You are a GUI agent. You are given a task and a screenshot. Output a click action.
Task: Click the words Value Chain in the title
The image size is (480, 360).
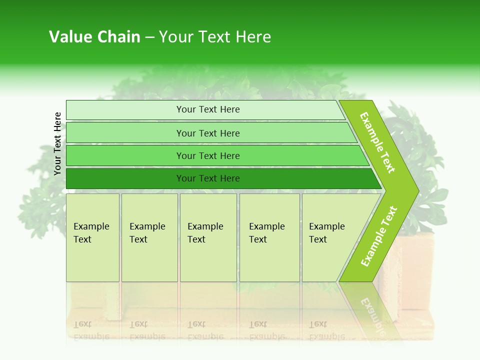(x=94, y=37)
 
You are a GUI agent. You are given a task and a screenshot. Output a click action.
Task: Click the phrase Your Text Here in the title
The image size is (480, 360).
(x=215, y=37)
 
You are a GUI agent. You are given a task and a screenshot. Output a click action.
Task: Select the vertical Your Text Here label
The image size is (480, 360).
(x=57, y=143)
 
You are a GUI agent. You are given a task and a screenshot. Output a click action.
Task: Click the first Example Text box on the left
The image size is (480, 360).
(x=92, y=237)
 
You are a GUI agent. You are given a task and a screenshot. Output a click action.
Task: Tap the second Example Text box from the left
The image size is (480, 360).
(x=149, y=237)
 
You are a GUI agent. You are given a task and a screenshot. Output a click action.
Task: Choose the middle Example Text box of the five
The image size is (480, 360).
(x=207, y=237)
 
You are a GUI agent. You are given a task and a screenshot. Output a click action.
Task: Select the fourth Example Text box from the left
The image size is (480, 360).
(x=269, y=237)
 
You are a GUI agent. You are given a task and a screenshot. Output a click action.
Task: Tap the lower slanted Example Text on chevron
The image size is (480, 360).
(x=379, y=236)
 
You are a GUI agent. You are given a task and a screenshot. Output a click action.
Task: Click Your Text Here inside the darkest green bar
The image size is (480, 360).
(x=208, y=178)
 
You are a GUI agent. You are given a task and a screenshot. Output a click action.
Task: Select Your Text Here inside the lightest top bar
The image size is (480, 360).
(x=208, y=109)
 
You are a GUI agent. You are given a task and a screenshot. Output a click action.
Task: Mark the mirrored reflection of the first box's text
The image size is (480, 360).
(x=91, y=330)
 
